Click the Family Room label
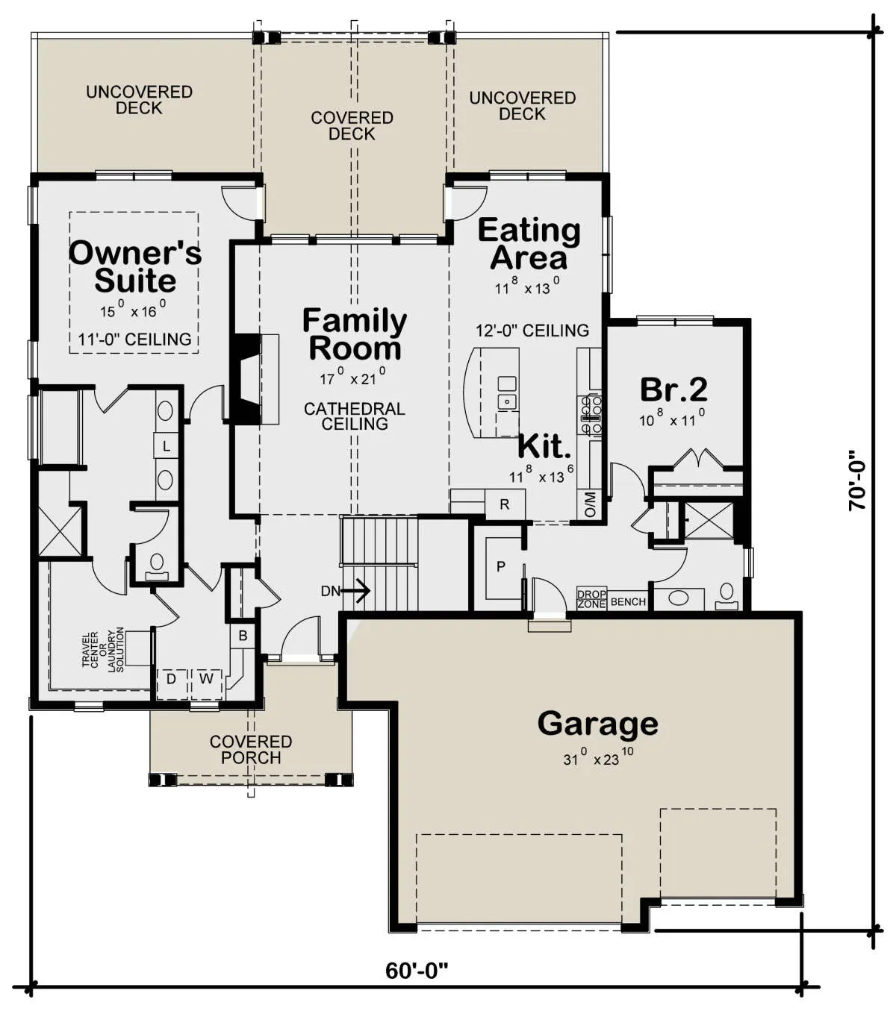click(355, 334)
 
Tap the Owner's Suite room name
click(135, 266)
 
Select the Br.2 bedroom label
click(673, 389)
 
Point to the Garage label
click(598, 724)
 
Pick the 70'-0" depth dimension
click(857, 481)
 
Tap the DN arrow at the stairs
click(346, 591)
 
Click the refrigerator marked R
click(505, 504)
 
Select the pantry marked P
click(501, 566)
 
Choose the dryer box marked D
click(171, 679)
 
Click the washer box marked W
click(206, 679)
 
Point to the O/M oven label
click(590, 504)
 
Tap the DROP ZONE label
click(592, 599)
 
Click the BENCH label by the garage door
click(628, 602)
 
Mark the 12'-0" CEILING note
click(532, 331)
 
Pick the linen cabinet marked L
click(167, 446)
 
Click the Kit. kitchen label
click(544, 446)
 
